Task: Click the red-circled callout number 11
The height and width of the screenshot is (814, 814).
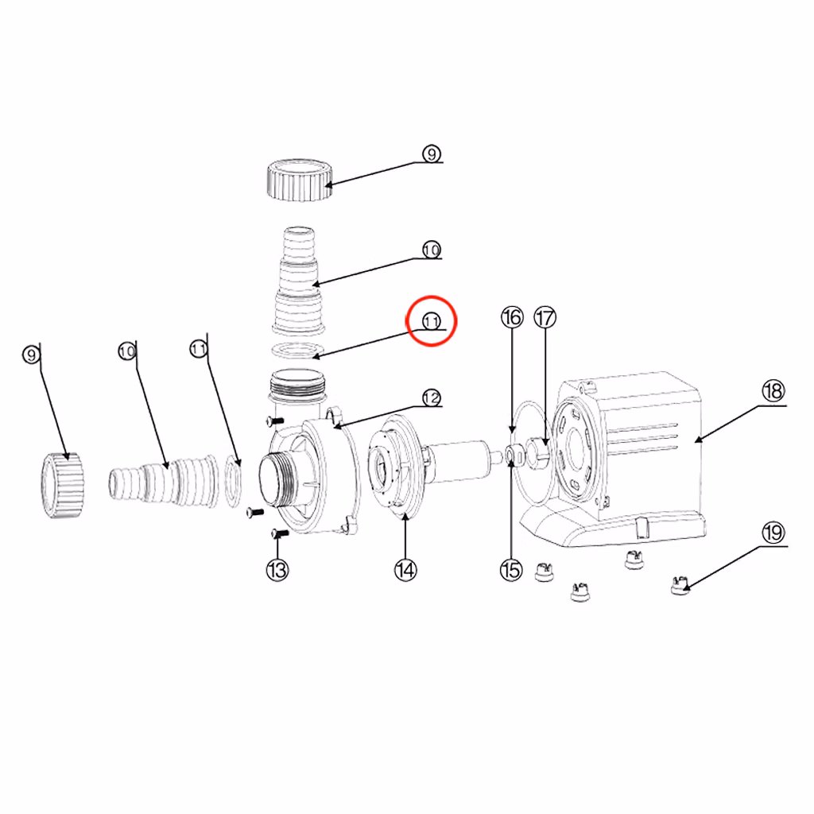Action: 432,321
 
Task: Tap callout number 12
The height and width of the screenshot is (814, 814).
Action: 432,398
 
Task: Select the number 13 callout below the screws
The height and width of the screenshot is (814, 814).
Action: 277,570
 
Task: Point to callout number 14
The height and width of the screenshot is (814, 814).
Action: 405,570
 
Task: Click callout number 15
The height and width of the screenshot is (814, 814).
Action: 511,570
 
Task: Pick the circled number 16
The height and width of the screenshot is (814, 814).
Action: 512,317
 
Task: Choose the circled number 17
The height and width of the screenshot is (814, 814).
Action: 545,317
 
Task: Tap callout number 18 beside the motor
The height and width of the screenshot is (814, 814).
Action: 773,391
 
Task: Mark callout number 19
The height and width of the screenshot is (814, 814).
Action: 773,533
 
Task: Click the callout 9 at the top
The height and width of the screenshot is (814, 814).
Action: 432,154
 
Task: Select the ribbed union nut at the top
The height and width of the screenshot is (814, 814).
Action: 300,180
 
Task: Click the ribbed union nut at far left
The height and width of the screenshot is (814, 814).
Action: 62,485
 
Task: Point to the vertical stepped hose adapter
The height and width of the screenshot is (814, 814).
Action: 299,281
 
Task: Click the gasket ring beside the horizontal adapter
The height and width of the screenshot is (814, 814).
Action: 234,481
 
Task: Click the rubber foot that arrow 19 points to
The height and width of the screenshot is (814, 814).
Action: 680,585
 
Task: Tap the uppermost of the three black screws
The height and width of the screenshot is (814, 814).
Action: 274,420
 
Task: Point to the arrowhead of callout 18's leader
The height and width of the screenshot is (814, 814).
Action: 698,440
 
